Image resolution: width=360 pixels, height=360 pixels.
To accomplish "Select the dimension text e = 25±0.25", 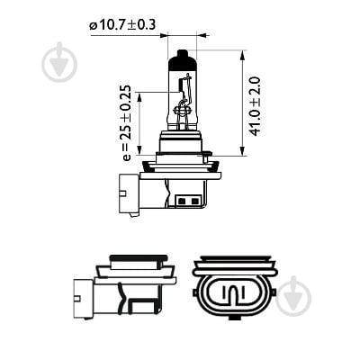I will click(127, 122).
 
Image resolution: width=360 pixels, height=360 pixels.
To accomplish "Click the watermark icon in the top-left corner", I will click(60, 62).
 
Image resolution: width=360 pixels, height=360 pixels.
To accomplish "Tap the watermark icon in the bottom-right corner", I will click(294, 295).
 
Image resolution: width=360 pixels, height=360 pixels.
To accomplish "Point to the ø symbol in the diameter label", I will click(93, 25).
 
